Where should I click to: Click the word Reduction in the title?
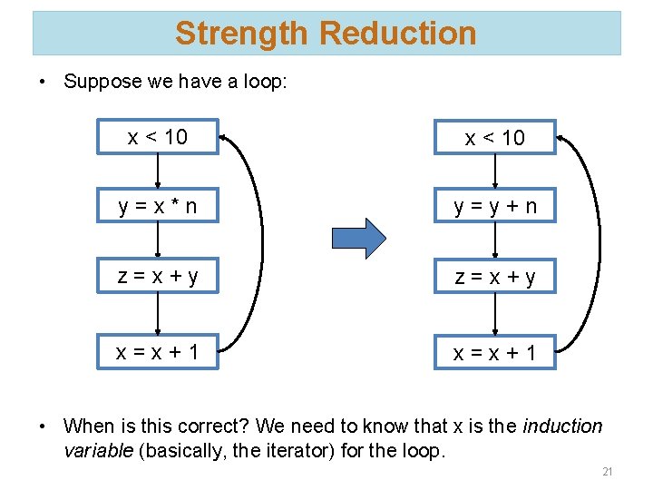tap(398, 34)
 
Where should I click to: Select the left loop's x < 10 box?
tap(158, 137)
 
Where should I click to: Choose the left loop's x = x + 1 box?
tap(158, 351)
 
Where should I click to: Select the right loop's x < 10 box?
tap(494, 138)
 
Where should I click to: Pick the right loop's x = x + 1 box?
tap(494, 352)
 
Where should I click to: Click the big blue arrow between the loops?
tap(359, 239)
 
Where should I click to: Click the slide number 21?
tap(608, 472)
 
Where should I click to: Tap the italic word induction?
tap(563, 426)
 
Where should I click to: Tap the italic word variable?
tap(99, 451)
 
